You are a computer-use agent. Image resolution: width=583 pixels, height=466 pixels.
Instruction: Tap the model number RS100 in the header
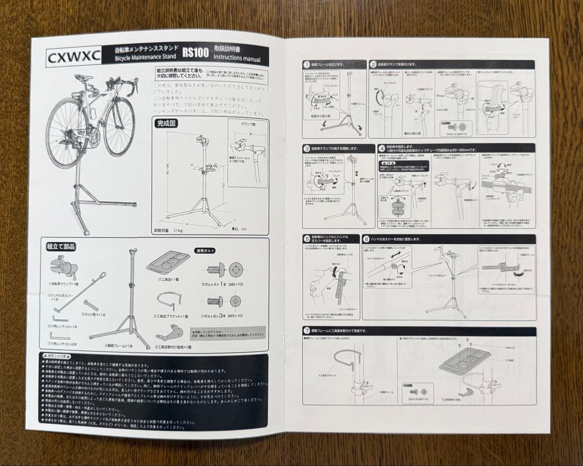195,53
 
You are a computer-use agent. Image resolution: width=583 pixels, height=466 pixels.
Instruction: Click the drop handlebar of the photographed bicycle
130,87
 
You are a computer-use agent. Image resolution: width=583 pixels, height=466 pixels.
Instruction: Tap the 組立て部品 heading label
61,246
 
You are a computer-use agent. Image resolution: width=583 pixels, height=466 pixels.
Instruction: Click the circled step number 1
307,64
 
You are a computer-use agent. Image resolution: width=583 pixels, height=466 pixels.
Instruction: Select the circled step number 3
307,147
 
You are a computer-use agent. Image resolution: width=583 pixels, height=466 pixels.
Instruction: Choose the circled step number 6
367,239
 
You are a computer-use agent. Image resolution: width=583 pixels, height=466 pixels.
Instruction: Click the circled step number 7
307,330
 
